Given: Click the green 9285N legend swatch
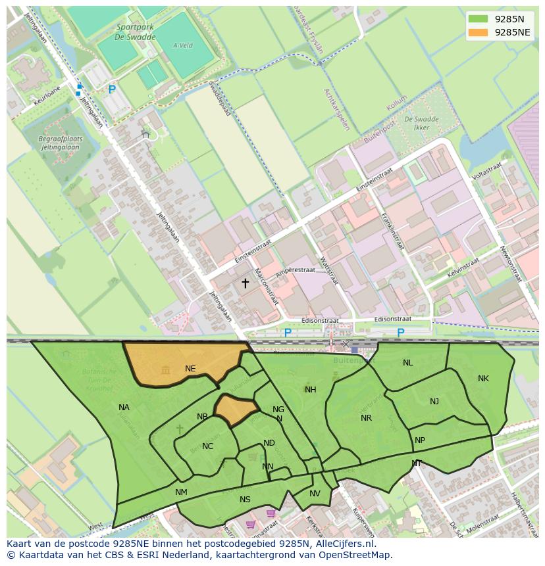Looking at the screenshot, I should (x=479, y=18).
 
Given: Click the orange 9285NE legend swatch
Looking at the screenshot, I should (x=479, y=32).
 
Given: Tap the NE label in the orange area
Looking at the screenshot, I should (x=190, y=369).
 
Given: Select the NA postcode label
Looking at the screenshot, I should (x=124, y=408).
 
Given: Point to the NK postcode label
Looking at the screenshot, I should (x=483, y=379).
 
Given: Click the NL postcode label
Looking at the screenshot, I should (x=408, y=363).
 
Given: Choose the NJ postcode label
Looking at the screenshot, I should (x=434, y=402).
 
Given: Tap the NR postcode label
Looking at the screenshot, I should (x=366, y=418).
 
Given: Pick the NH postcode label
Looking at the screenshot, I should (x=311, y=390).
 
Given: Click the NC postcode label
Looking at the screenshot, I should (x=207, y=446).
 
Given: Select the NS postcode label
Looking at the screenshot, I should (x=245, y=500).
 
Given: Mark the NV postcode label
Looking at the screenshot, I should (x=315, y=494).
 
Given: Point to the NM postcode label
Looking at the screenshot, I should (x=181, y=492).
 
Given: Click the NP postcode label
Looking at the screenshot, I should (x=420, y=440).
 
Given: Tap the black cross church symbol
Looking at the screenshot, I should (x=245, y=283).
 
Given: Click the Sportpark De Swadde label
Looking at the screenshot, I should (x=136, y=32).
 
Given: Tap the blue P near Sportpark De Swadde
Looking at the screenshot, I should (x=112, y=89).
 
